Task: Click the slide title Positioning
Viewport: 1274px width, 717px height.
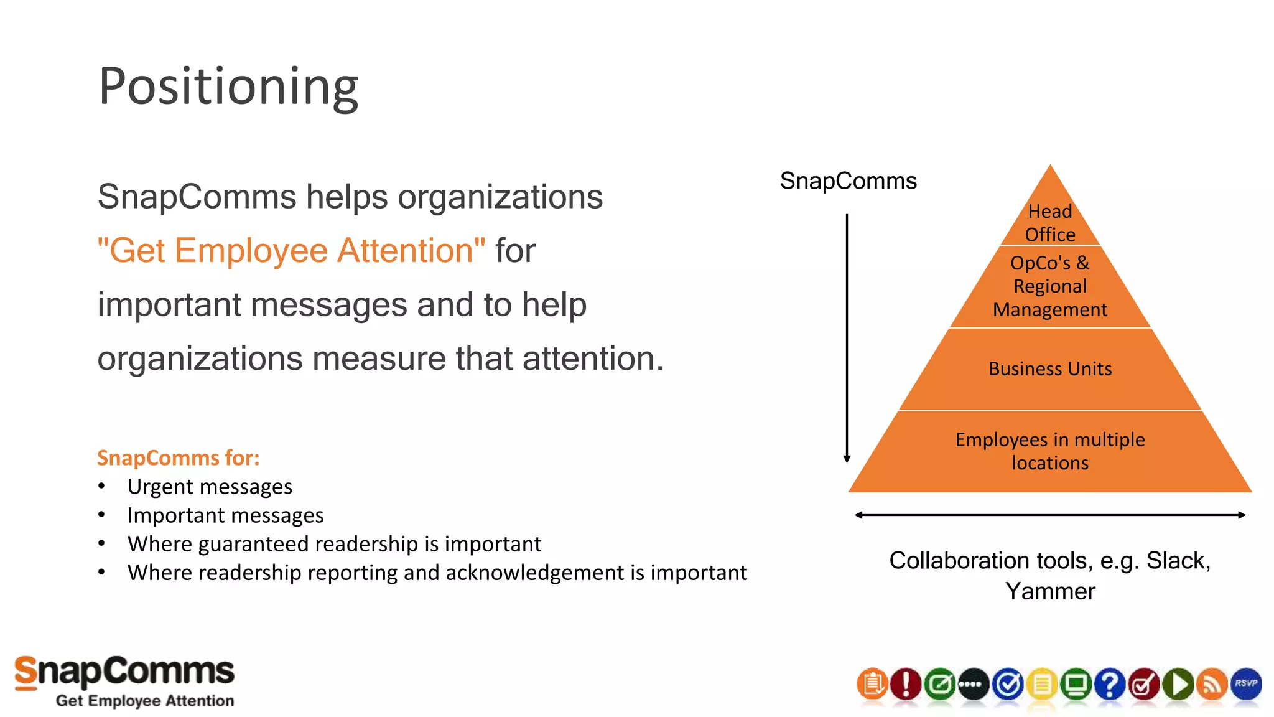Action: click(228, 87)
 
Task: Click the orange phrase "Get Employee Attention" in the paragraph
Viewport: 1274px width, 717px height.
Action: click(291, 251)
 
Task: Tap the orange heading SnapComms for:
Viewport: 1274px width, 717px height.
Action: click(178, 458)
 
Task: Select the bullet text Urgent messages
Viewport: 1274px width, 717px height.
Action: click(210, 487)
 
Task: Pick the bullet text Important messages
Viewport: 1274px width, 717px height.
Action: click(225, 515)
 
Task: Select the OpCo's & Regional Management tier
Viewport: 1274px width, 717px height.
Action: click(1050, 286)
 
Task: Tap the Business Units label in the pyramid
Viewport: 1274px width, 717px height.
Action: click(1050, 369)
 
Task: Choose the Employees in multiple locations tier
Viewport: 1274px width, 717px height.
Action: click(1050, 451)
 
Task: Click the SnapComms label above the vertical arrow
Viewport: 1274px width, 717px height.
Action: click(848, 181)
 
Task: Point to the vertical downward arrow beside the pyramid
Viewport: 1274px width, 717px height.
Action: click(847, 336)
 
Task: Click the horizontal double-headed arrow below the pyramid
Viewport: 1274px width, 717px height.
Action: click(1050, 515)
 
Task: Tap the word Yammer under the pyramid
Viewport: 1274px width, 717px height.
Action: click(1050, 591)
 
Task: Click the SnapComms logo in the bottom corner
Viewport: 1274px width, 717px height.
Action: click(124, 682)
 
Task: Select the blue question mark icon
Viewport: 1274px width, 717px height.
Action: click(1110, 684)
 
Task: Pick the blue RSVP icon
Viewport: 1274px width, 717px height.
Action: click(1246, 684)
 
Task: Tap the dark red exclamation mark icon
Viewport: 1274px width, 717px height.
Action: click(906, 684)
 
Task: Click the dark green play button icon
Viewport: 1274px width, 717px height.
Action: click(1178, 684)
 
